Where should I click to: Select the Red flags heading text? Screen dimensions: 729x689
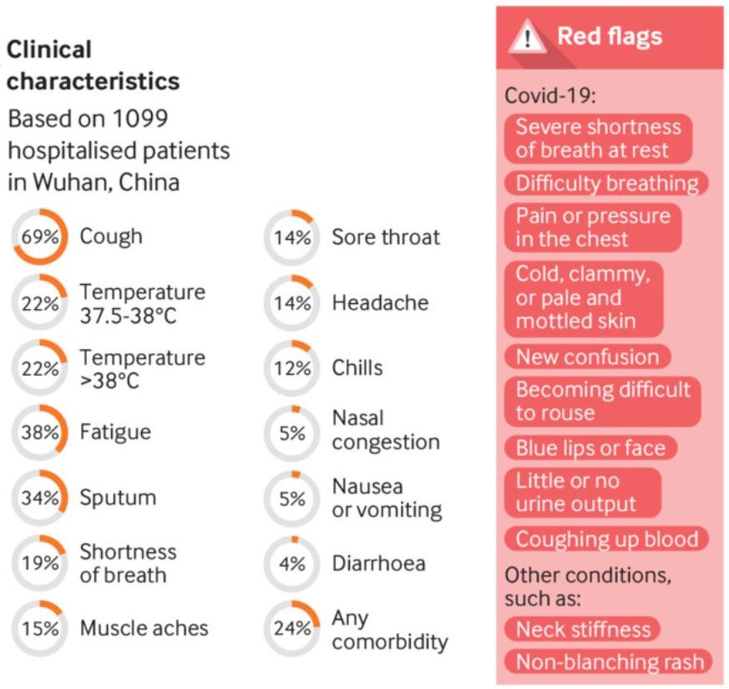(x=610, y=36)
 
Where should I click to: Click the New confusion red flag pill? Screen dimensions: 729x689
(x=588, y=357)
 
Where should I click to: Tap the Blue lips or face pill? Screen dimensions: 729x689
(x=590, y=448)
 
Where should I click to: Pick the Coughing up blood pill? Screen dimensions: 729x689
(x=607, y=539)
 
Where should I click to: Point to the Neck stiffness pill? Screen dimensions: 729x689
(x=583, y=629)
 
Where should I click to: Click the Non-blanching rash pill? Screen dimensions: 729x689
(x=609, y=661)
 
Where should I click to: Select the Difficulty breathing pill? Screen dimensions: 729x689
(x=607, y=183)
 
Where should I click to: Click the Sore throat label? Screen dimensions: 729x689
(x=386, y=237)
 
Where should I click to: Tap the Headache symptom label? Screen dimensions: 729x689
(x=380, y=302)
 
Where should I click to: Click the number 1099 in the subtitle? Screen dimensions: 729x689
(x=140, y=119)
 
